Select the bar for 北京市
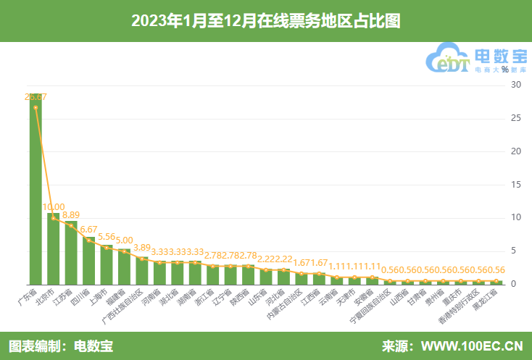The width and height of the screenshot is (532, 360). coord(54,248)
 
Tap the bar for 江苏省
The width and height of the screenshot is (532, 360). coord(71,253)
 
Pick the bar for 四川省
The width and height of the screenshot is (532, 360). coord(88,261)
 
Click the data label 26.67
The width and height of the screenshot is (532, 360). coord(36,96)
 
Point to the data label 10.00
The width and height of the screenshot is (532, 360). coord(54,206)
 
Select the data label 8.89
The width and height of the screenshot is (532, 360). coord(71,214)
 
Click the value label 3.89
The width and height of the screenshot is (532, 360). coord(142,247)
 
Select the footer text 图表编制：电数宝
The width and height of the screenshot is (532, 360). coord(61,346)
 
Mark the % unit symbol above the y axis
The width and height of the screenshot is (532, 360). coord(504,70)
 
